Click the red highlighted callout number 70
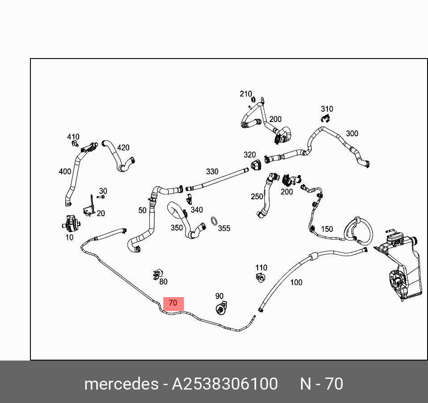[x=173, y=303]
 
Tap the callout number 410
[x=73, y=137]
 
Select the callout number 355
[x=224, y=228]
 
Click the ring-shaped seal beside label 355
[x=214, y=221]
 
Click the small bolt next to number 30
[x=101, y=197]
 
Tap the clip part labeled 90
[x=221, y=308]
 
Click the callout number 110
[x=261, y=268]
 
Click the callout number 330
[x=212, y=172]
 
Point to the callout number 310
[x=327, y=109]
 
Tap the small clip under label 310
[x=326, y=118]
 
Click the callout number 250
[x=257, y=197]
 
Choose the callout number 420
[x=123, y=147]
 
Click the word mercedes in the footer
[x=121, y=384]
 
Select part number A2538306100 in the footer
[x=225, y=384]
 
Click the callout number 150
[x=327, y=229]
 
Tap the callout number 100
[x=296, y=282]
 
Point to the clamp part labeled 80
[x=157, y=275]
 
